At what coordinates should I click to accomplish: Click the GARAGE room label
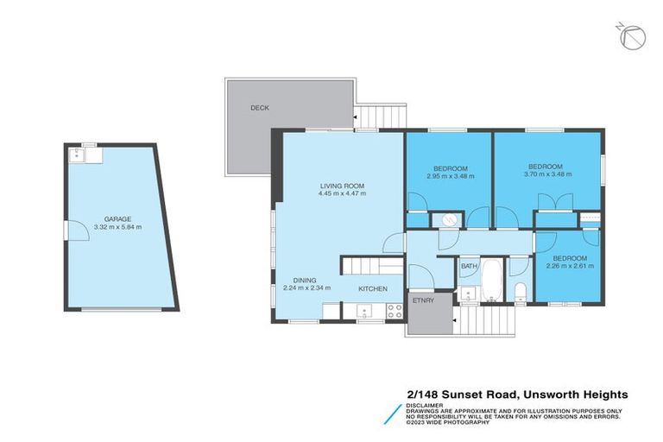coord(117,219)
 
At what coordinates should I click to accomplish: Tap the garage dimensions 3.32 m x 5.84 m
coord(117,227)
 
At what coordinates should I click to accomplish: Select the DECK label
coord(260,108)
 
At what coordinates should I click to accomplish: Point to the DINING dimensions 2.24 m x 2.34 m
coord(307,287)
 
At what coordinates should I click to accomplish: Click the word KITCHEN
coord(373,287)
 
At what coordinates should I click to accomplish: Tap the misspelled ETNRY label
coord(422,301)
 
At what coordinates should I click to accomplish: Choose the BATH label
coord(468,267)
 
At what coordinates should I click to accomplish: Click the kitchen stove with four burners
coord(395,309)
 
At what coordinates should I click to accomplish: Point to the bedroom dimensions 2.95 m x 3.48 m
coord(450,175)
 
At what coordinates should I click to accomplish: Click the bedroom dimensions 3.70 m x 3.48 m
coord(545,174)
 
